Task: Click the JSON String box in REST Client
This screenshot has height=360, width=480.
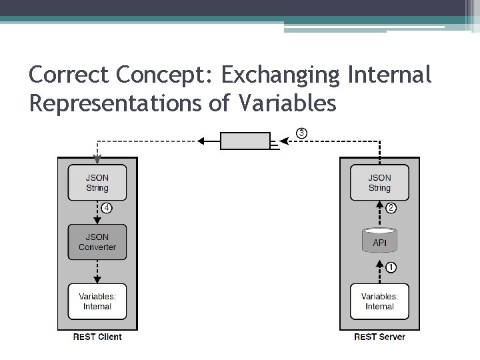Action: click(x=97, y=183)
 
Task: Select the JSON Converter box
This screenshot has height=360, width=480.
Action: click(x=97, y=242)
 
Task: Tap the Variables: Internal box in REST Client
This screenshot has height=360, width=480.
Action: click(x=97, y=301)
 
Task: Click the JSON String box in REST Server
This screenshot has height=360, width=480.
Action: click(x=379, y=183)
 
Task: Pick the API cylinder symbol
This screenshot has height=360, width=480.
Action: click(x=379, y=242)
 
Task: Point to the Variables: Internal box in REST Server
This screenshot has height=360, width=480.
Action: click(x=379, y=301)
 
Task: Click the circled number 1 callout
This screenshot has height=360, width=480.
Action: click(x=392, y=268)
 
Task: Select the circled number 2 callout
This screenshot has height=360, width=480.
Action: click(x=392, y=208)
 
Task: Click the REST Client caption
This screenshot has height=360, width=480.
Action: click(x=97, y=337)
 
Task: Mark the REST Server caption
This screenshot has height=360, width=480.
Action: click(x=379, y=337)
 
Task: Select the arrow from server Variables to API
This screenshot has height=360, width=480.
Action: click(x=379, y=268)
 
